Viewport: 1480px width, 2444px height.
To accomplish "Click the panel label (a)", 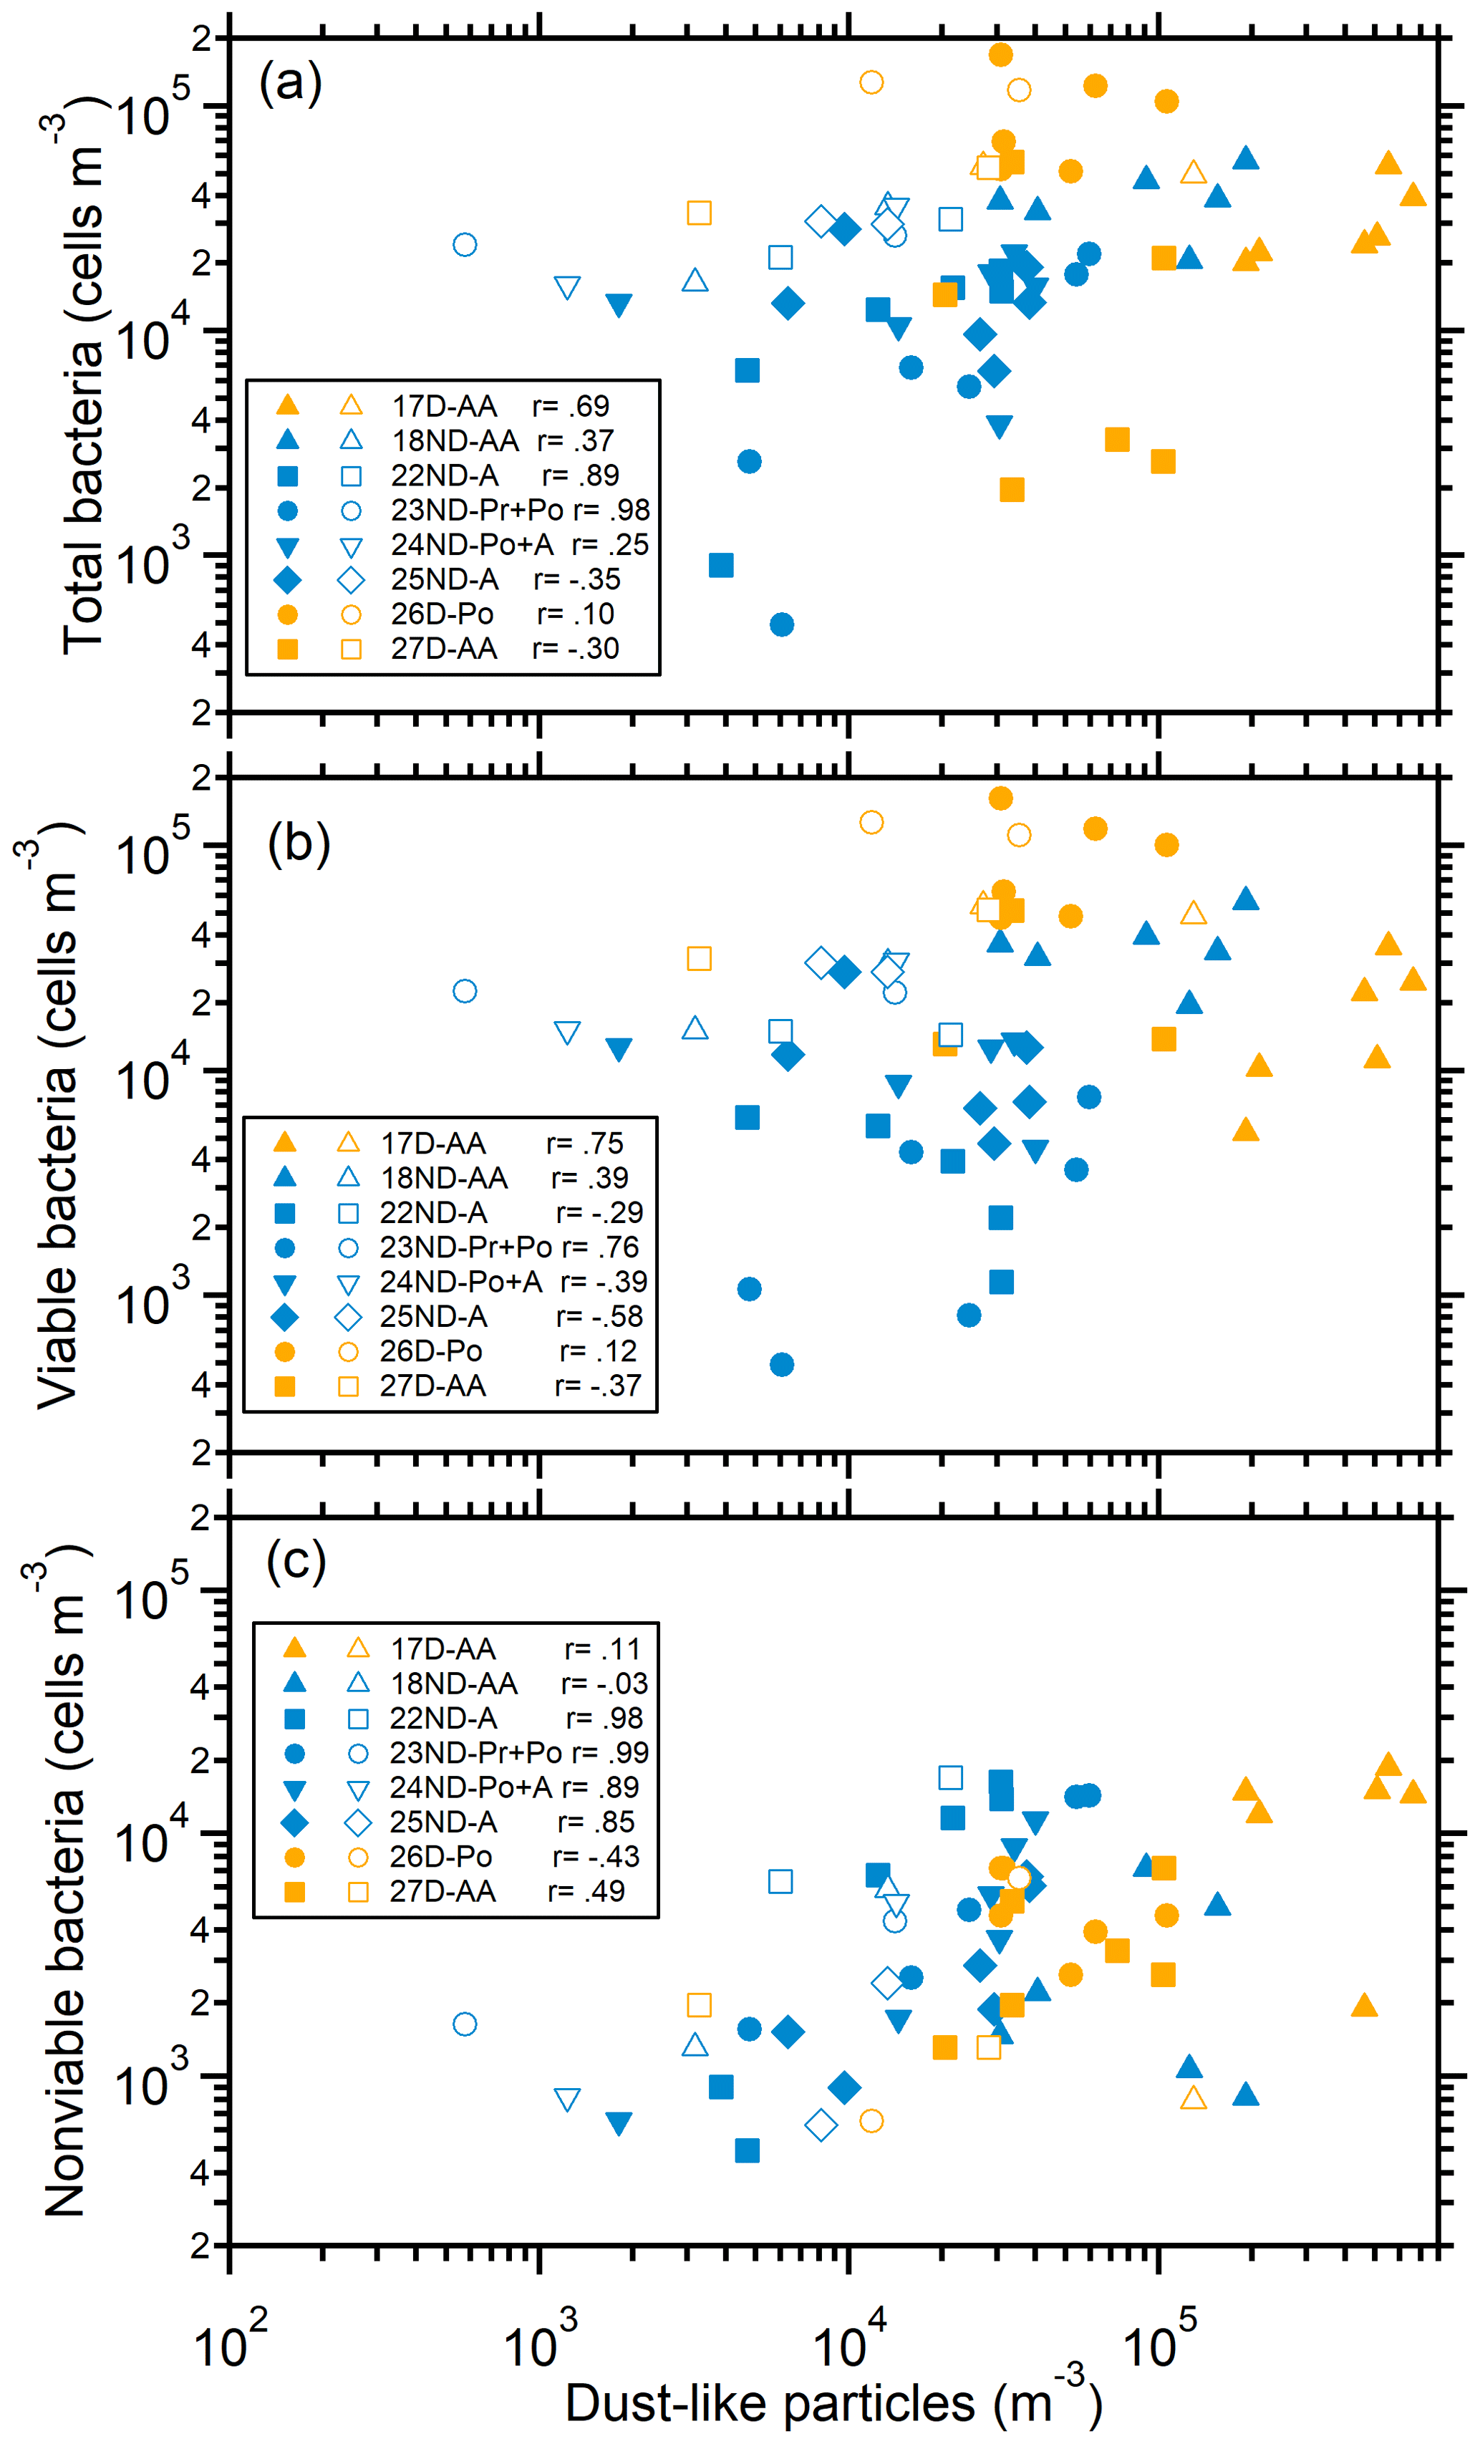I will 291,82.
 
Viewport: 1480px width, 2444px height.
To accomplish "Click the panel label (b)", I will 299,844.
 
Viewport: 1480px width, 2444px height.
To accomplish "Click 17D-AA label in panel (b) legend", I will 433,1144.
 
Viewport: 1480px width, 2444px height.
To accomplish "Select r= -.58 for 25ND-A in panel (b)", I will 599,1316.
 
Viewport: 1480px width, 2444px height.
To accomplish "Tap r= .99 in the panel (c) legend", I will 610,1753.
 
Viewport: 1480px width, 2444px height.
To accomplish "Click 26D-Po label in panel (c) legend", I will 440,1857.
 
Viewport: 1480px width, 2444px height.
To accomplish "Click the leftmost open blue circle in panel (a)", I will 464,245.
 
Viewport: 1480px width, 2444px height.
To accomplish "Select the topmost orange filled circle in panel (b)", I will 1001,798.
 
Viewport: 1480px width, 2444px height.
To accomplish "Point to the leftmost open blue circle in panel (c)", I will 464,2024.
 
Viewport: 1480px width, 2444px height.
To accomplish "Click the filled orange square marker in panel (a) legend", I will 286,649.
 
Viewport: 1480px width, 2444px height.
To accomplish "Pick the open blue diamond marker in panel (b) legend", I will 348,1317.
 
